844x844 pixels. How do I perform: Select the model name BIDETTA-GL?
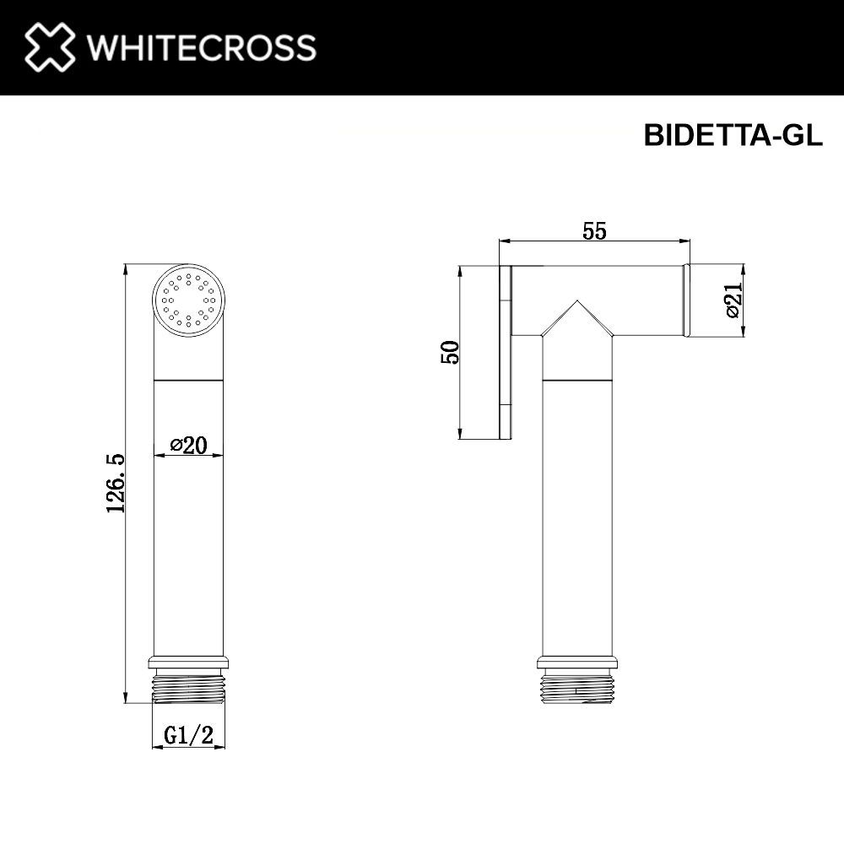tap(733, 136)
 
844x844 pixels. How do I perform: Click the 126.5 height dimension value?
tap(115, 483)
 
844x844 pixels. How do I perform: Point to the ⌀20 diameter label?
tap(189, 445)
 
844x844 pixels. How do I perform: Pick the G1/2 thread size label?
tap(188, 736)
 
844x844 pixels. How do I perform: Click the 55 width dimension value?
tap(594, 230)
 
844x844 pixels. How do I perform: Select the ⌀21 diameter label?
tap(733, 300)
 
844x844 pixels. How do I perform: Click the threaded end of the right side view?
tap(577, 687)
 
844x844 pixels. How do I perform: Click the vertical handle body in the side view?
tap(577, 506)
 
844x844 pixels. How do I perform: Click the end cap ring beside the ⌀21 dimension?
tap(687, 300)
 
